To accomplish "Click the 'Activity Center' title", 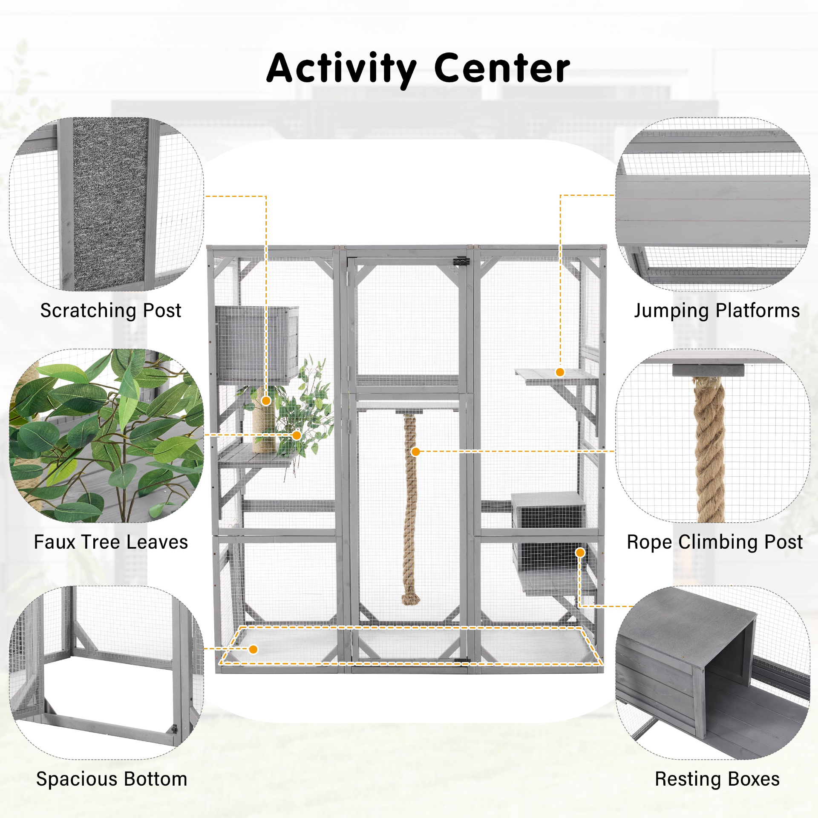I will (418, 68).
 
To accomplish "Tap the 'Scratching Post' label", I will (111, 311).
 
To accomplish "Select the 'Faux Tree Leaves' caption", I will (111, 542).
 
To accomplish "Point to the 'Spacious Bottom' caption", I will (112, 779).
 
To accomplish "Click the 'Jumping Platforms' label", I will (717, 311).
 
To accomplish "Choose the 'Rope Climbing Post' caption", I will (714, 542).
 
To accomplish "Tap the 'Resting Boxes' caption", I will (717, 779).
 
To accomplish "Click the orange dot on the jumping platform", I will (560, 372).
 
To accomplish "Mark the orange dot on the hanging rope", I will (415, 452).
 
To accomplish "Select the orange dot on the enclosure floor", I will (253, 649).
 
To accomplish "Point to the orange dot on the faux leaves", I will (297, 435).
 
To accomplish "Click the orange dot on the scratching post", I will (266, 400).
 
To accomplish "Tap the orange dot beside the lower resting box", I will (580, 553).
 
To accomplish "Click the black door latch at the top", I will (461, 261).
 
